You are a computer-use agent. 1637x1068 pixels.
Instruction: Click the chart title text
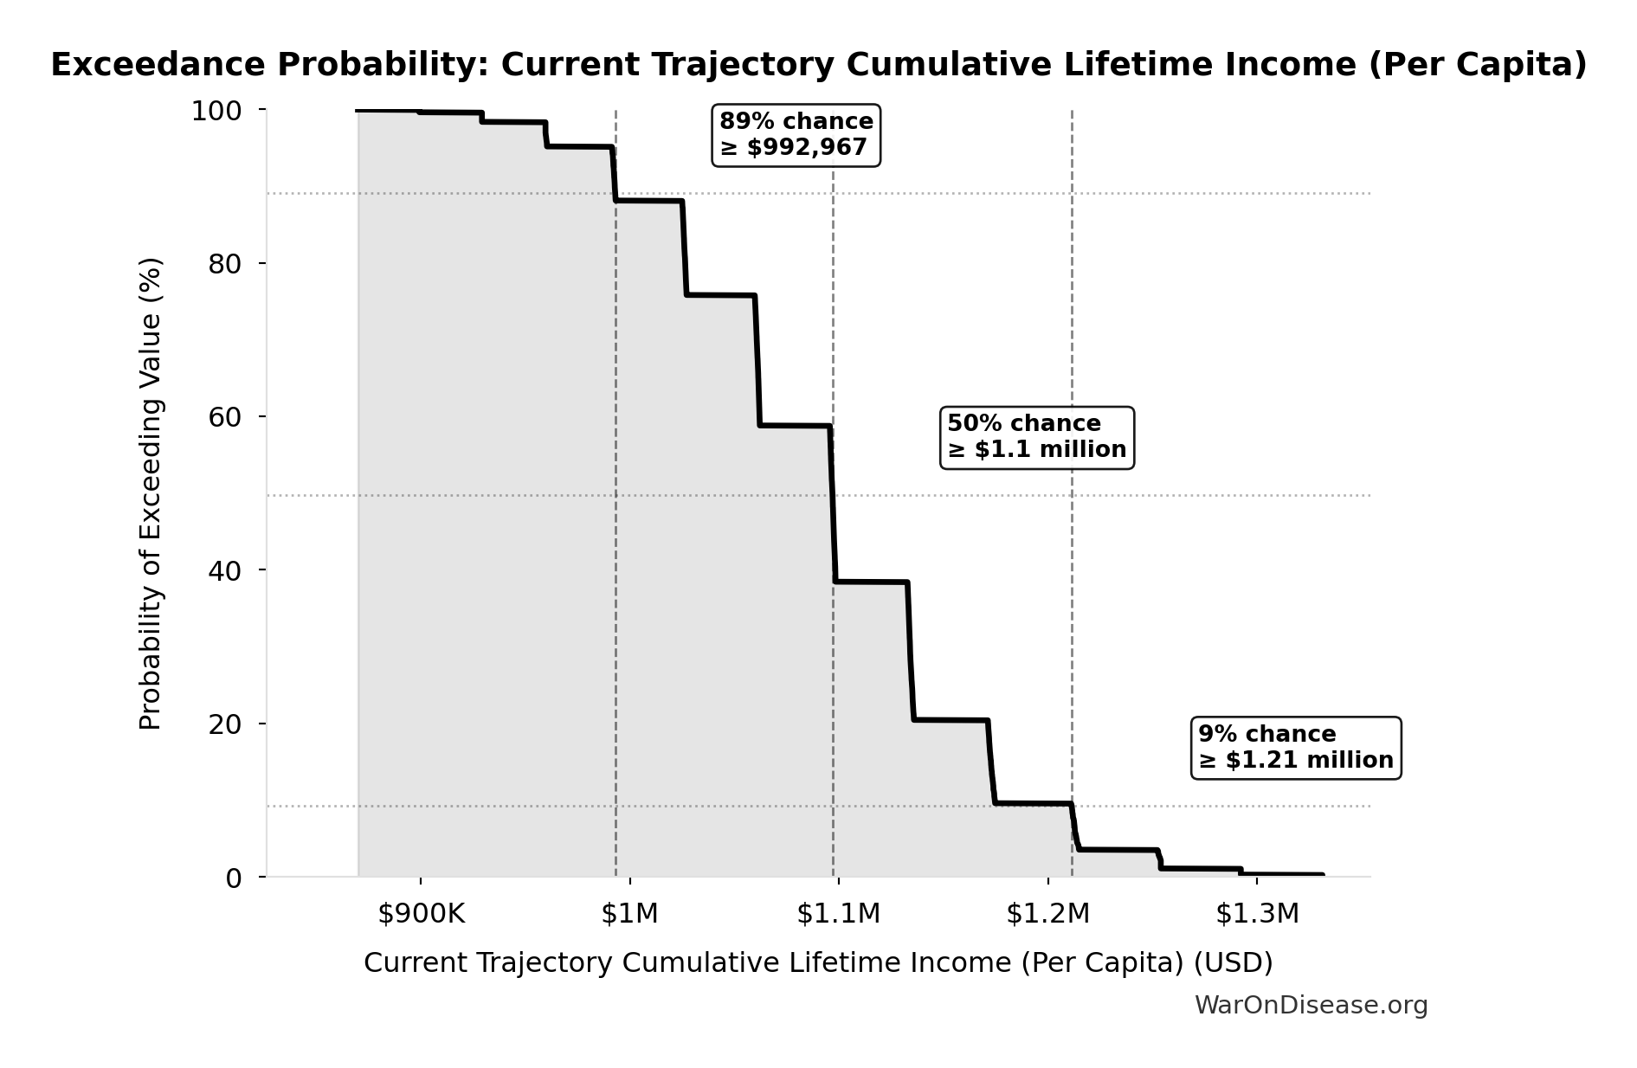tap(818, 65)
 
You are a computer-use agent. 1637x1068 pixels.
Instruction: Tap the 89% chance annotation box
tap(796, 135)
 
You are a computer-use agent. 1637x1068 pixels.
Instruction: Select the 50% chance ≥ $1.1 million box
tap(1036, 437)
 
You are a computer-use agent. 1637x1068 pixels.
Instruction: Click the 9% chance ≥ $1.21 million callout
tap(1295, 748)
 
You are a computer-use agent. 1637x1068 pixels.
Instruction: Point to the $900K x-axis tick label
tap(421, 914)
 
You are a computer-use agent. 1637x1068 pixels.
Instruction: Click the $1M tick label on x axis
tap(629, 914)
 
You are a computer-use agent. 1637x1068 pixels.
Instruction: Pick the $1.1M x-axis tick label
tap(838, 914)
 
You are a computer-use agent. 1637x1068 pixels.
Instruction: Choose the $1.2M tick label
tap(1047, 914)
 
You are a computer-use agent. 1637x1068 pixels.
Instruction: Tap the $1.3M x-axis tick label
tap(1257, 914)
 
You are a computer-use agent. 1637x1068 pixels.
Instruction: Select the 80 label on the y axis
tap(224, 264)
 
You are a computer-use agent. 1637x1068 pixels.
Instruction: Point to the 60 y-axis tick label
tap(224, 417)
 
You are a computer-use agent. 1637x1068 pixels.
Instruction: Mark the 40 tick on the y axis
tap(224, 570)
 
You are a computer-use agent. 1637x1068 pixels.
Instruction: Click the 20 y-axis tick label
tap(224, 724)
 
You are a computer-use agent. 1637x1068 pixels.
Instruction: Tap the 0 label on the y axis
tap(233, 878)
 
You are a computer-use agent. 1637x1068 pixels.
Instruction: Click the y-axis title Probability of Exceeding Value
tap(151, 493)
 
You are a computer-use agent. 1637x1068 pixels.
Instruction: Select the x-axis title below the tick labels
tap(818, 963)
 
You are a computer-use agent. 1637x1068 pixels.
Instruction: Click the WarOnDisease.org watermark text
tap(1311, 1006)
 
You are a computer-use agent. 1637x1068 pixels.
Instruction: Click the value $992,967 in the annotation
tap(807, 148)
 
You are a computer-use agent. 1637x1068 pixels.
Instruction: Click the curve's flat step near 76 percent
tap(720, 295)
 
